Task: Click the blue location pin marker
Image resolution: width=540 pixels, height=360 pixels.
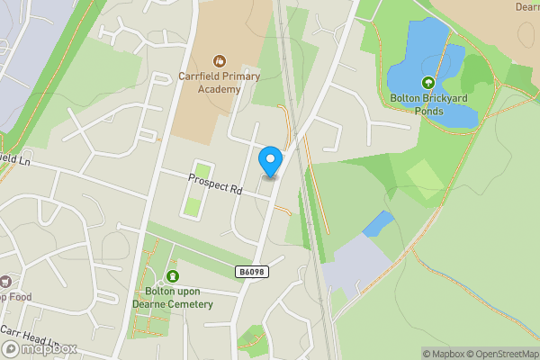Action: click(270, 161)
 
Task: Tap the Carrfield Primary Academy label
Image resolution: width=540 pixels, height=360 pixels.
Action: click(210, 83)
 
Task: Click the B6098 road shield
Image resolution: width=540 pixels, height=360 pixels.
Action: click(252, 272)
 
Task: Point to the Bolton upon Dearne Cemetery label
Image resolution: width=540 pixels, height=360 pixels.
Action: click(172, 298)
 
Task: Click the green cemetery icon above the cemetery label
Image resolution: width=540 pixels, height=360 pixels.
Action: click(172, 276)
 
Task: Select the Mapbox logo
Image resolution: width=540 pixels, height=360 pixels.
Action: click(40, 348)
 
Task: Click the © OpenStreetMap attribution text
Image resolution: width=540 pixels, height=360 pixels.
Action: click(504, 354)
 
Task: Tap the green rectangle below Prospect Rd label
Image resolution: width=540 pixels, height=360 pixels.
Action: click(193, 206)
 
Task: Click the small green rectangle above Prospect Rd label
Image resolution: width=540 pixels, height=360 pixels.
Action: click(202, 171)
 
